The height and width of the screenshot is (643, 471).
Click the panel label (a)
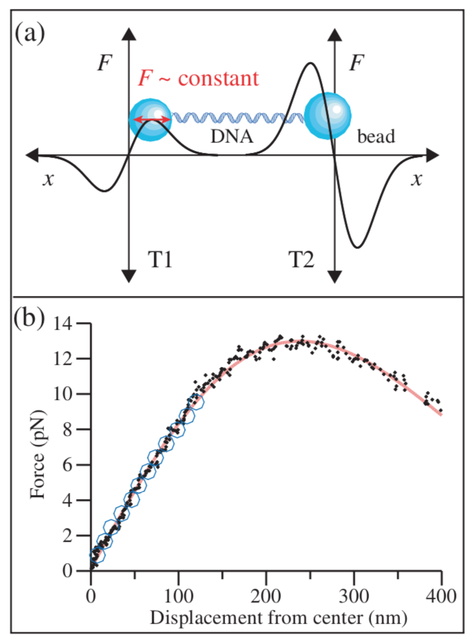click(x=30, y=32)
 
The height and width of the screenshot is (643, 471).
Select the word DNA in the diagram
click(x=231, y=137)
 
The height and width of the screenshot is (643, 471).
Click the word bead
click(x=376, y=136)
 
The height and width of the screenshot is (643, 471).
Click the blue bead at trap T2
click(x=328, y=115)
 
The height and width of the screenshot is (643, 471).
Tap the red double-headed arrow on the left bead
click(x=151, y=120)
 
